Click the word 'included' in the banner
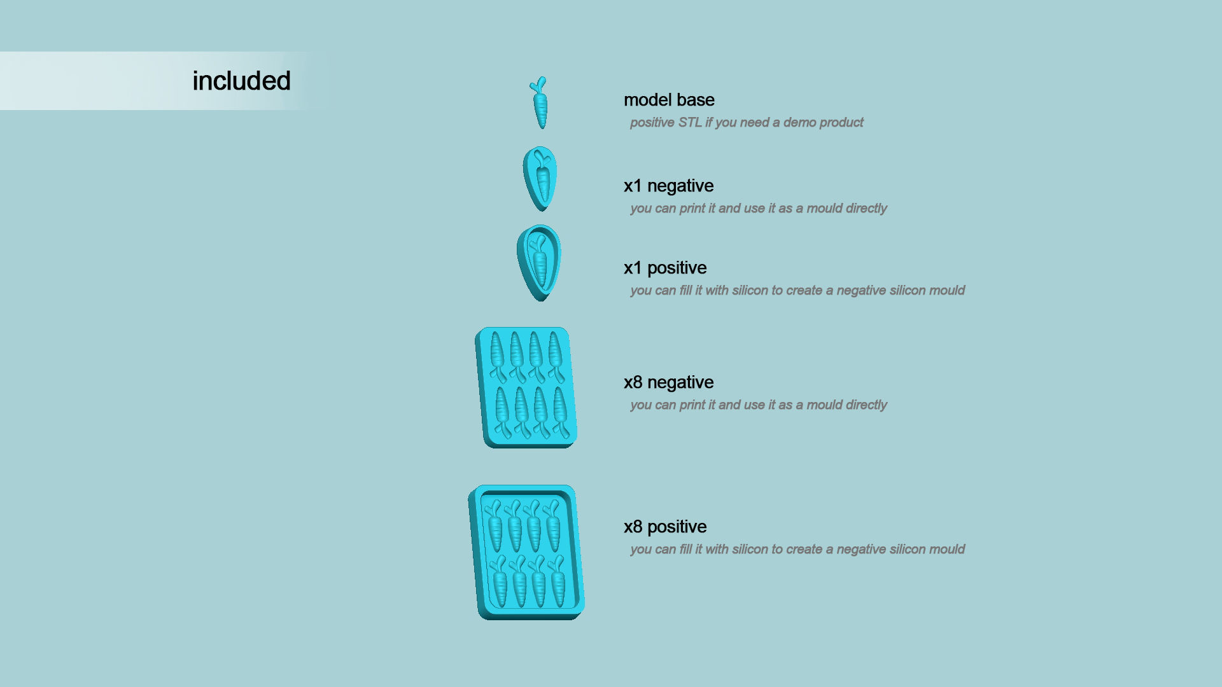(241, 81)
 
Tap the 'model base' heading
(669, 100)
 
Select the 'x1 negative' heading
(668, 186)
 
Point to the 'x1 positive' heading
(665, 268)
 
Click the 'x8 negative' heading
(668, 382)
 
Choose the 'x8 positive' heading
(665, 527)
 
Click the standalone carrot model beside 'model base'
(540, 103)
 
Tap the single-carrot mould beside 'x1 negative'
(540, 179)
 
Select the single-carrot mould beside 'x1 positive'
(539, 263)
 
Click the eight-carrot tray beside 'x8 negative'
(526, 387)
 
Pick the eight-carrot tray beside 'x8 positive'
(526, 552)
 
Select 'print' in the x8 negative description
(691, 405)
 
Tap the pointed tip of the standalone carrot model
(542, 127)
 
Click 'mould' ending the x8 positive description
(947, 549)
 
